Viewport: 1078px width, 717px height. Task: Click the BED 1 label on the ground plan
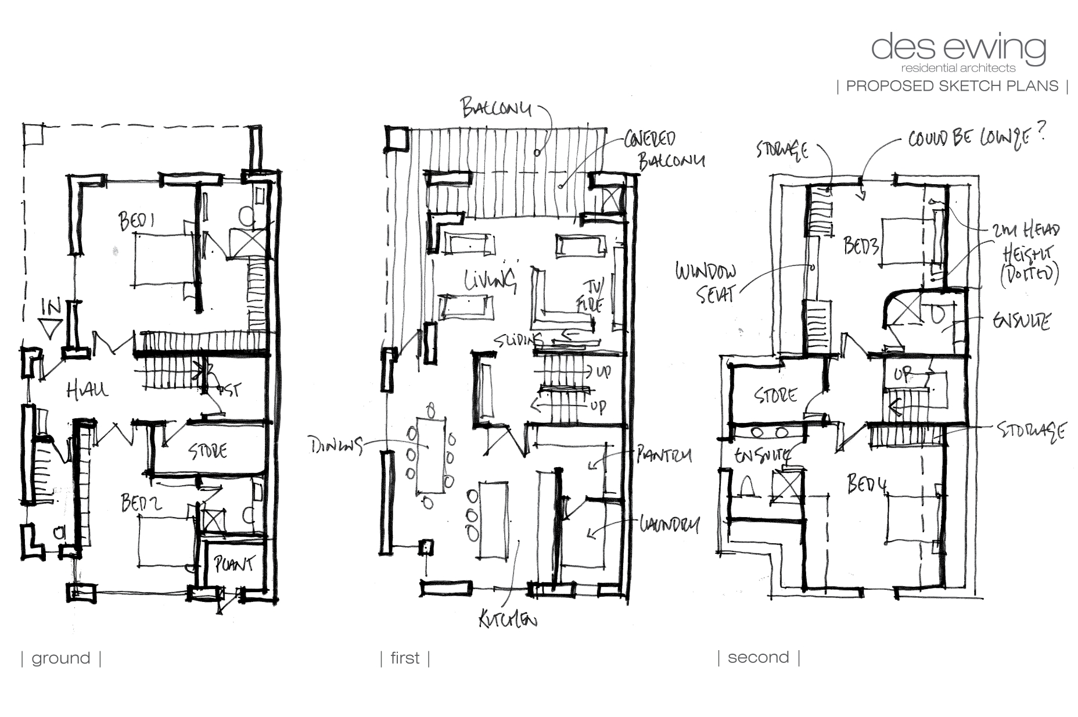point(139,221)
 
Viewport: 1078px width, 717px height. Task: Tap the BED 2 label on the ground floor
point(141,503)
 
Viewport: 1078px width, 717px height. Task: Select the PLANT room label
point(234,564)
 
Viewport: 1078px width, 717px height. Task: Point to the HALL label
point(87,390)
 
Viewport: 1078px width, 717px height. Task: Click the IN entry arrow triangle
point(52,331)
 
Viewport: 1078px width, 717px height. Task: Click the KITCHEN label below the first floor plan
point(507,621)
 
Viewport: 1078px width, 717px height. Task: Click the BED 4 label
point(867,483)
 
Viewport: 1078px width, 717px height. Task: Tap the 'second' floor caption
point(758,657)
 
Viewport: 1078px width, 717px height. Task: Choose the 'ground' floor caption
point(61,658)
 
